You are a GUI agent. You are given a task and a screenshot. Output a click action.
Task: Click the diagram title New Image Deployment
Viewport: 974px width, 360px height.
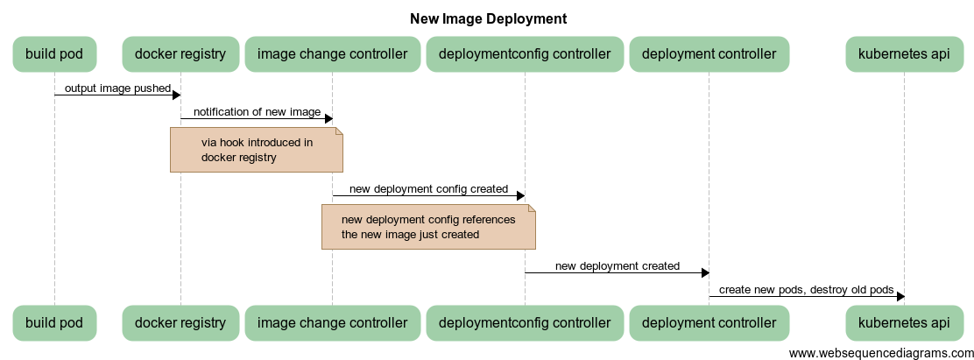coord(488,18)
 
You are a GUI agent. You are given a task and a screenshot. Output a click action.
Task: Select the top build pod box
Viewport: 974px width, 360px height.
coord(54,54)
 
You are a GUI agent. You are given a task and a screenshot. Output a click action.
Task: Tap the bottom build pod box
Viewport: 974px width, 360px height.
coord(54,322)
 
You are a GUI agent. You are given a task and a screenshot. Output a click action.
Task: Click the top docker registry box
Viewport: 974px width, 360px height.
coord(180,54)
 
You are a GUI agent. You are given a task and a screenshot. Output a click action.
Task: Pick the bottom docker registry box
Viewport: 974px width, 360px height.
coord(180,322)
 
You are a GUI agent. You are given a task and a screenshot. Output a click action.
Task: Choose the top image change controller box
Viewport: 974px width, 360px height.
coord(332,54)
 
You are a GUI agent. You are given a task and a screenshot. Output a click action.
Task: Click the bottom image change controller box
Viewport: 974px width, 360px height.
coord(332,322)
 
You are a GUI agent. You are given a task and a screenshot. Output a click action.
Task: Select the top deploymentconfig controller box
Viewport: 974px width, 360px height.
coord(525,54)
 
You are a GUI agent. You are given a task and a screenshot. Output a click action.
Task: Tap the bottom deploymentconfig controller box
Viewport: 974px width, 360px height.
coord(525,322)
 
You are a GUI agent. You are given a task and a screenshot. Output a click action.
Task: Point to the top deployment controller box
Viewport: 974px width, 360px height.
coord(709,54)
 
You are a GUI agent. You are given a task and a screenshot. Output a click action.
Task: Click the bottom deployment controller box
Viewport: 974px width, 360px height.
coord(709,322)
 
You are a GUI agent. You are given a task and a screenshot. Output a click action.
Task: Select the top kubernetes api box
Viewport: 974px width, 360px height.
coord(904,54)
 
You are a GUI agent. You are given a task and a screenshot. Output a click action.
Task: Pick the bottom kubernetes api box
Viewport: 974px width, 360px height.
coord(904,322)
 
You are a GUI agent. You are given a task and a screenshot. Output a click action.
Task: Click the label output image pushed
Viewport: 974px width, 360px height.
coord(117,88)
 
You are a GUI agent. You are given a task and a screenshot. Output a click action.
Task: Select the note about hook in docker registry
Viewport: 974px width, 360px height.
coord(256,150)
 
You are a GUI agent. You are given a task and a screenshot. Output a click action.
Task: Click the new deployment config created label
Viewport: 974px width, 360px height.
coord(428,188)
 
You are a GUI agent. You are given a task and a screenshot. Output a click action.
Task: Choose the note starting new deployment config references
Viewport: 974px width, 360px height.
coord(427,227)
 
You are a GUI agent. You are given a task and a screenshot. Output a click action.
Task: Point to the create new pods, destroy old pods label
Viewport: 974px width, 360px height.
coord(806,290)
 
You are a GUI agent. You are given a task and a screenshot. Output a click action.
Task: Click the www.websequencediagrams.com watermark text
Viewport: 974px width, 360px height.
coord(879,352)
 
